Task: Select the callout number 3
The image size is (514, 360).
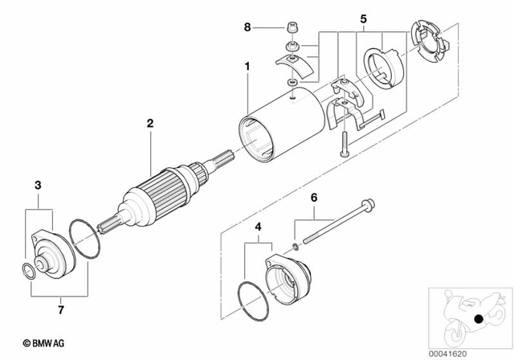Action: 37,186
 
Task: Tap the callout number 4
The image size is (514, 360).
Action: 257,227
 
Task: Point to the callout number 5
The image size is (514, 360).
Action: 362,18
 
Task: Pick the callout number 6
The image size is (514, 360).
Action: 314,196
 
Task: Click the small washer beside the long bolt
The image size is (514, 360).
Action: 296,244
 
